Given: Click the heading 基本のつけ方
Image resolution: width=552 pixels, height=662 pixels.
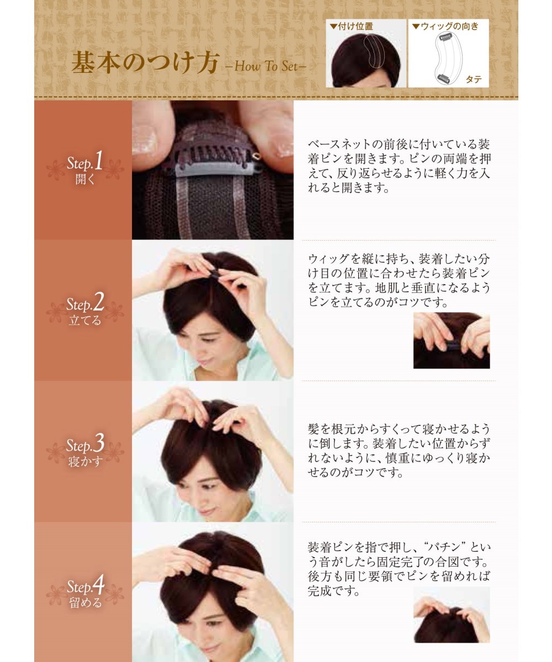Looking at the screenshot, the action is (145, 62).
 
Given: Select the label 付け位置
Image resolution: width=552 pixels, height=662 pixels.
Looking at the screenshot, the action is (355, 26).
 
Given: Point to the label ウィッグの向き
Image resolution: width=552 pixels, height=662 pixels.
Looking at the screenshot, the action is (449, 26).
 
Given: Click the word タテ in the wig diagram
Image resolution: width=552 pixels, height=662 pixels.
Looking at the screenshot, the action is (474, 79).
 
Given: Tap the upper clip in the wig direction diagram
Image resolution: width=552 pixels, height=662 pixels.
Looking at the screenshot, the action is (445, 38).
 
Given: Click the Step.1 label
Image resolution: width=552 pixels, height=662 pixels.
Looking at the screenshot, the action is (84, 162).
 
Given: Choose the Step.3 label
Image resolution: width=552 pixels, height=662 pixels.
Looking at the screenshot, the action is (85, 444).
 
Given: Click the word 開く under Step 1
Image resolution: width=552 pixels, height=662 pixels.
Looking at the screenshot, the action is (85, 179).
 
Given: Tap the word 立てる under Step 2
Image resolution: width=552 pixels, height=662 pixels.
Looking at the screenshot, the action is (85, 321).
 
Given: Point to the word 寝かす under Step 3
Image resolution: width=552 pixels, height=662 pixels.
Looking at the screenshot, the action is (85, 462).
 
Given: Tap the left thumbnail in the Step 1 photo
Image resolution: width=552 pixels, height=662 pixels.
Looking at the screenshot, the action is (145, 140).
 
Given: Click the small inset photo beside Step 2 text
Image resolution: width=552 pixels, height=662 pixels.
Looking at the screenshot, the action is (452, 340).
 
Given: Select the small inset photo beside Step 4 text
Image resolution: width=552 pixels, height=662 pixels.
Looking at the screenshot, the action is (452, 615).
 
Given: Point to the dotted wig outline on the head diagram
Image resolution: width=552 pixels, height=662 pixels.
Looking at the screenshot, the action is (374, 52).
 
